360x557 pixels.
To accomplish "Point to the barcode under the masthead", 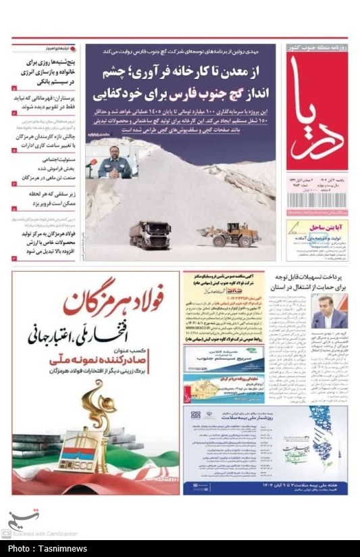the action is point(316,201).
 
